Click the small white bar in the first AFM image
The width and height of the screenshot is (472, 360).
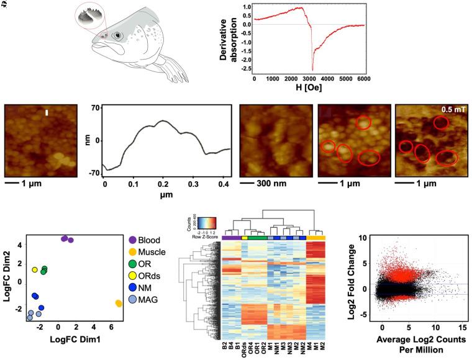pyautogui.click(x=47, y=112)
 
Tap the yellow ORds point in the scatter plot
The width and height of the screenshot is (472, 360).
pyautogui.click(x=35, y=270)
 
